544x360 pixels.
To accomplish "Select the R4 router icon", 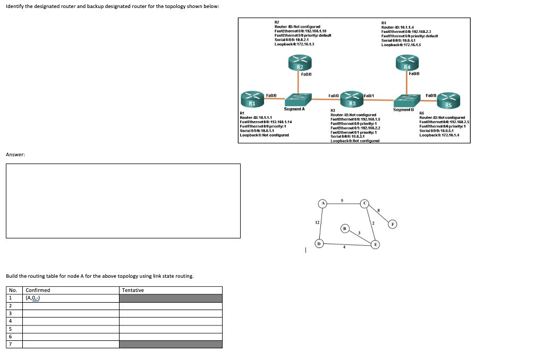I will click(x=407, y=62).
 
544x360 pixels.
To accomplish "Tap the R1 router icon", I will click(x=252, y=98).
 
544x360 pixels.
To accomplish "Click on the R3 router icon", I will click(x=352, y=99).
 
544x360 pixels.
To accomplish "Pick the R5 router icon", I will click(x=449, y=99).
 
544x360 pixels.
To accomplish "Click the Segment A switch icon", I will click(x=295, y=99).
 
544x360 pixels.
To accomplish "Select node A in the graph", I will click(x=322, y=203).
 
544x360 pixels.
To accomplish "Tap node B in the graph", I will click(x=345, y=228).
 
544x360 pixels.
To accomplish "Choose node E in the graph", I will click(x=375, y=244).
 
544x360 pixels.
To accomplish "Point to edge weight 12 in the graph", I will click(x=317, y=223).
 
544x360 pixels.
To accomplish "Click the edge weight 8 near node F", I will click(x=379, y=211).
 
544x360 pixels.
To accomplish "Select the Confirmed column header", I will click(x=38, y=290).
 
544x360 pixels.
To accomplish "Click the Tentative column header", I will click(x=133, y=290).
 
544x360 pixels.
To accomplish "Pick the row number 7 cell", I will click(x=10, y=344).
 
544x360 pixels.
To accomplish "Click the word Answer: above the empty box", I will click(x=15, y=155).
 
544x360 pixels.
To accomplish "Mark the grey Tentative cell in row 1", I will click(x=171, y=298).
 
